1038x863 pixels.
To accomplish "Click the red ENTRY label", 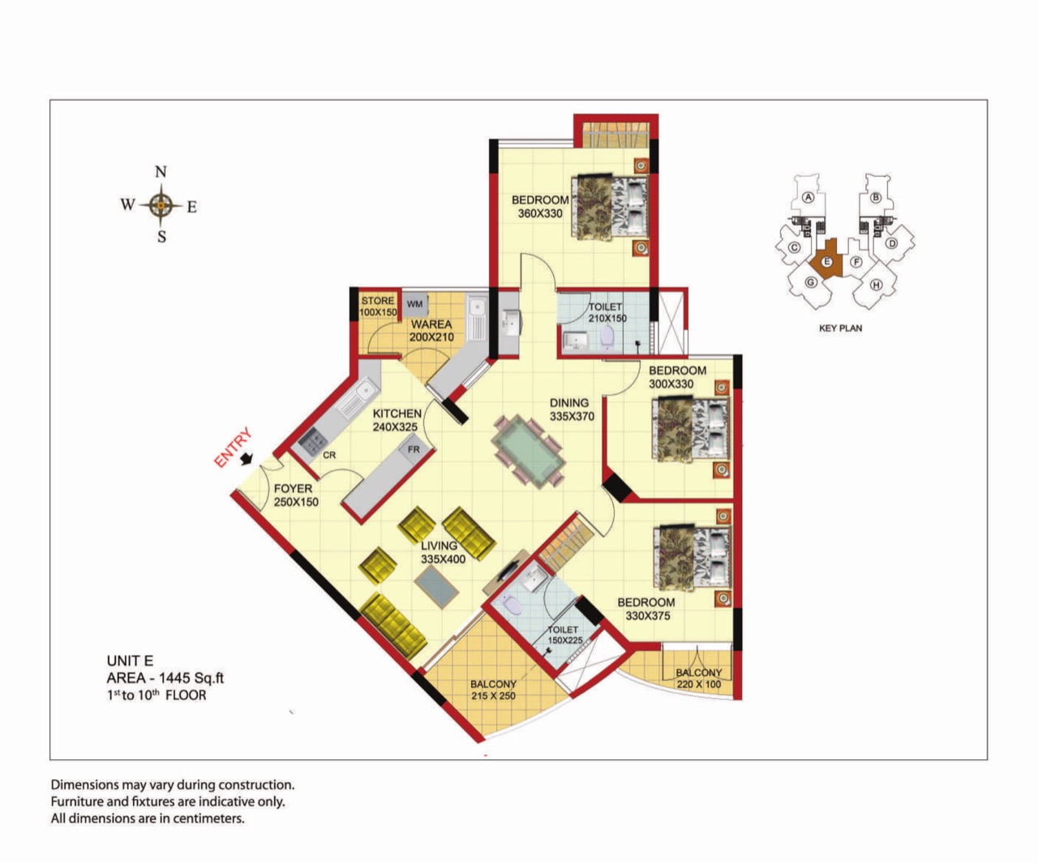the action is tap(233, 448).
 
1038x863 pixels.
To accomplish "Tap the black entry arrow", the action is tap(247, 459).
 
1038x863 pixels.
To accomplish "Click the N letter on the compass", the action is tap(161, 172).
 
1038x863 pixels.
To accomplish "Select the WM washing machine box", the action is tap(414, 304).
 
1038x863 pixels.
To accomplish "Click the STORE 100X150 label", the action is tap(378, 307).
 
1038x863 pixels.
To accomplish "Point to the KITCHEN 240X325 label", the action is tap(397, 420).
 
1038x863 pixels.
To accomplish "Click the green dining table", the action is tap(528, 452).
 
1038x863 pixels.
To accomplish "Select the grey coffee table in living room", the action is tap(436, 587).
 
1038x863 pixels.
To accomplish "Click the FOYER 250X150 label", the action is tap(296, 495).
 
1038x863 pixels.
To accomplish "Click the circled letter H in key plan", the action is tap(876, 285).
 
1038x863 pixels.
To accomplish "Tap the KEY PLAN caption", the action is tap(841, 328).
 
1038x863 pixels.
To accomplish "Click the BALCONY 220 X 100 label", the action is tap(698, 678).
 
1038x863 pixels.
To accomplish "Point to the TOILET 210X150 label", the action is tap(607, 313).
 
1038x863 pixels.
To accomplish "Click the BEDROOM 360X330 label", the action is tap(540, 207).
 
